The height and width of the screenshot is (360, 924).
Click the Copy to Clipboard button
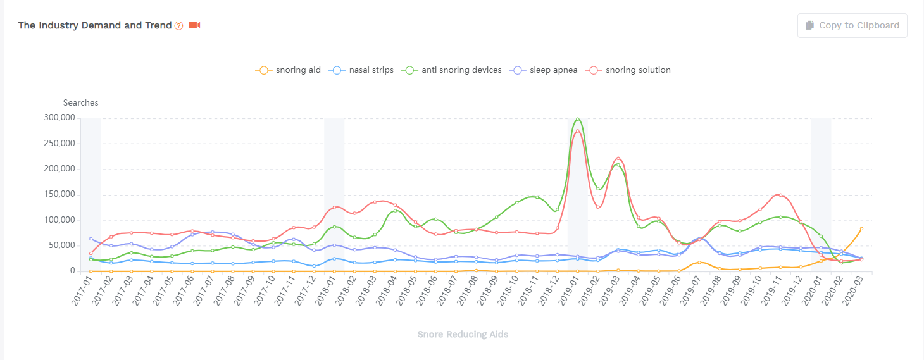click(852, 25)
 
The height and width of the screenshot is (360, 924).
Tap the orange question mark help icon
click(178, 26)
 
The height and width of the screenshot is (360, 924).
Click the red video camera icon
click(194, 25)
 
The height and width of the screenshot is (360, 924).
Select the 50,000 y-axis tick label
click(64, 245)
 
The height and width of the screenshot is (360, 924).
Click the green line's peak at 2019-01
click(577, 118)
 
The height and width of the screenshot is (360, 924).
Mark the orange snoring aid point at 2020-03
click(861, 228)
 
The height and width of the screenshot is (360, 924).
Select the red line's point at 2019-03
click(618, 158)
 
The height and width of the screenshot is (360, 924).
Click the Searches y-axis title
click(80, 102)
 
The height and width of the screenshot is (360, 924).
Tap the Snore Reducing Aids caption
click(463, 334)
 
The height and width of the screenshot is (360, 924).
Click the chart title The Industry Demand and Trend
click(95, 25)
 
